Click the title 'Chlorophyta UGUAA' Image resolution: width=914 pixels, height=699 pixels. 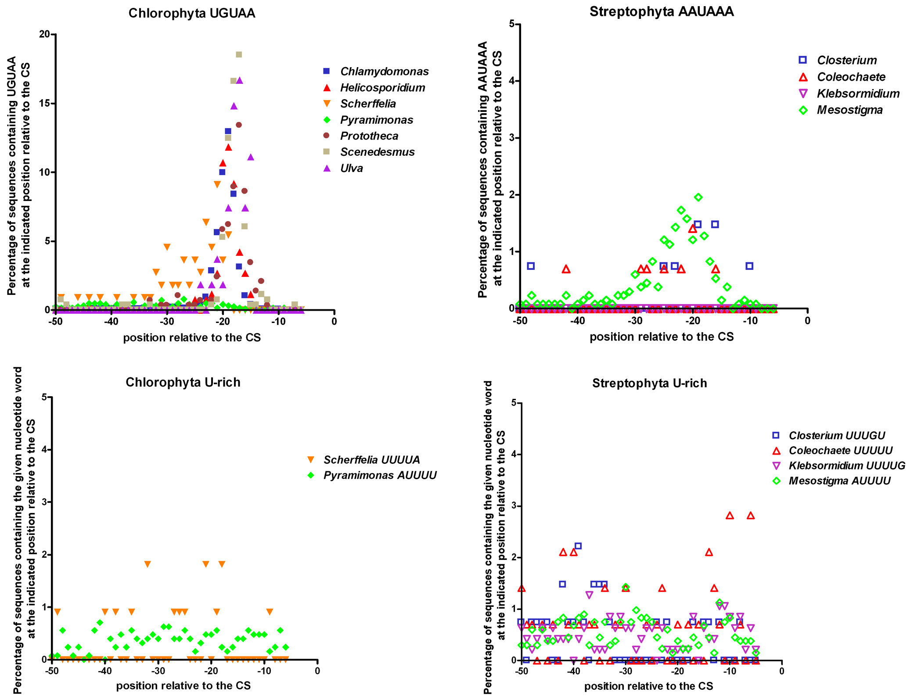pyautogui.click(x=192, y=13)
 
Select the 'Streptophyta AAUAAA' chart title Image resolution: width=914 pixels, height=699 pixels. pyautogui.click(x=662, y=11)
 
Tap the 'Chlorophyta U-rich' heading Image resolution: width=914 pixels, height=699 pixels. pyautogui.click(x=183, y=382)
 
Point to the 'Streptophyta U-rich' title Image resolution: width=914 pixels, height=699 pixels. pyautogui.click(x=650, y=383)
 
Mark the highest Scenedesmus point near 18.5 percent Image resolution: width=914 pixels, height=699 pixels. pyautogui.click(x=239, y=54)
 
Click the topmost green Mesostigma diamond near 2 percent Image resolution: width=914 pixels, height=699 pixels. pyautogui.click(x=698, y=197)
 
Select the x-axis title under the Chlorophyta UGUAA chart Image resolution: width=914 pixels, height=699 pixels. pyautogui.click(x=192, y=337)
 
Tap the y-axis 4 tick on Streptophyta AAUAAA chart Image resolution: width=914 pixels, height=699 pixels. pyautogui.click(x=512, y=81)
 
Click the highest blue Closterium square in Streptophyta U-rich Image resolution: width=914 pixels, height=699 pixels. pyautogui.click(x=578, y=546)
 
